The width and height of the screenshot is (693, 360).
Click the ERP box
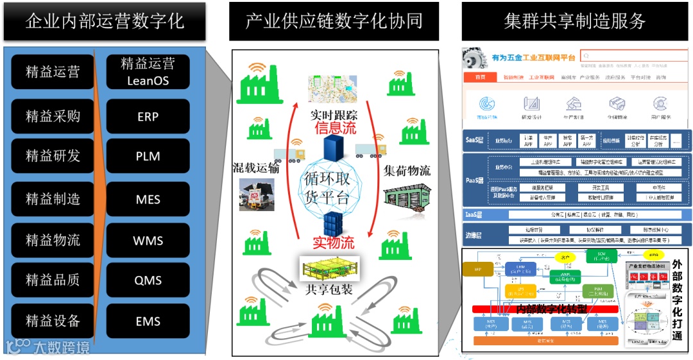tap(148, 117)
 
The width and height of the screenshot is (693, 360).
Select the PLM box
tap(148, 157)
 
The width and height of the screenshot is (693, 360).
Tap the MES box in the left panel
tap(148, 199)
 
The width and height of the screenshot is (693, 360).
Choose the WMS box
tap(148, 241)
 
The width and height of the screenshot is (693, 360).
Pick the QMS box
tap(148, 280)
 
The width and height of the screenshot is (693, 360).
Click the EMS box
tap(148, 321)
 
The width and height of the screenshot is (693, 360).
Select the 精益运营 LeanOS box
tap(148, 72)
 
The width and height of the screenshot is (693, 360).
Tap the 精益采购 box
tap(53, 117)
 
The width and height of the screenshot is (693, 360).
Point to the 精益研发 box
tap(53, 156)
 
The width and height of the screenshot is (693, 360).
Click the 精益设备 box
tap(53, 321)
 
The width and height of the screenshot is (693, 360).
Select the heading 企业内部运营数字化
tap(105, 21)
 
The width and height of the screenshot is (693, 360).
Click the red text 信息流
tap(335, 128)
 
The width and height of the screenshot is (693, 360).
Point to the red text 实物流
tap(333, 243)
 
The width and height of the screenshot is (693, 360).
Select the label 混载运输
tap(256, 169)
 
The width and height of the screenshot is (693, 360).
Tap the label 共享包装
tap(329, 289)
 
